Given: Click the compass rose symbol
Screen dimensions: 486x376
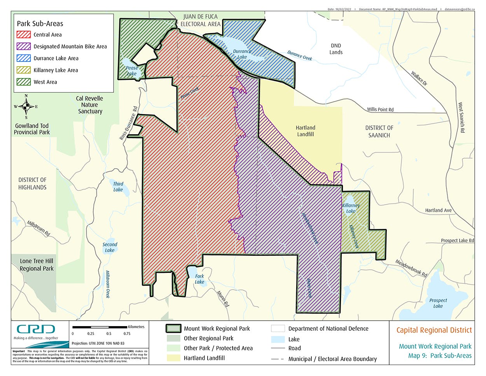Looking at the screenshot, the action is coord(26,106).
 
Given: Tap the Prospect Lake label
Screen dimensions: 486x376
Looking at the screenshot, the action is coord(438,303).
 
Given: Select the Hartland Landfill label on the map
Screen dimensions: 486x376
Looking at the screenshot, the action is coord(305,131).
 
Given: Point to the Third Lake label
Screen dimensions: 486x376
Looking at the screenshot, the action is coord(118,187).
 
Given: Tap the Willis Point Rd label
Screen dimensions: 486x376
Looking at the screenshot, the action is coord(380,109).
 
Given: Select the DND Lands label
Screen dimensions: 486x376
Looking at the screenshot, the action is coord(336,49).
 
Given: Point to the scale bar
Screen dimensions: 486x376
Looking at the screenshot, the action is coord(100,327).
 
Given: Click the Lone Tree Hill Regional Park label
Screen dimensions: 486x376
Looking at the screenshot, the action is coord(37,265).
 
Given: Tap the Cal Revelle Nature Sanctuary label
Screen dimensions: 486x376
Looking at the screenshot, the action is coord(90,105).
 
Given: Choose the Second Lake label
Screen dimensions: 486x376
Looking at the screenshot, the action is coord(110,247).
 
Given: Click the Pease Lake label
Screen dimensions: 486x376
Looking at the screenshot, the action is coord(132,70).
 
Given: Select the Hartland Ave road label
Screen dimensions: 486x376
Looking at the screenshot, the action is coord(438,210).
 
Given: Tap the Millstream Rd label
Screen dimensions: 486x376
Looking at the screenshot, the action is coord(38,228).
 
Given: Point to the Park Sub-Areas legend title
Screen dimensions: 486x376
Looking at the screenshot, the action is coord(40,23).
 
